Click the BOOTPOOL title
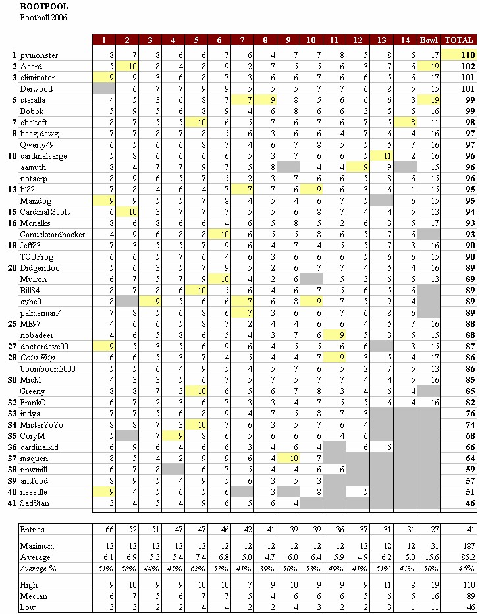pyautogui.click(x=44, y=7)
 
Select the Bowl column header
pyautogui.click(x=429, y=40)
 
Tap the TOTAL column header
pyautogui.click(x=459, y=40)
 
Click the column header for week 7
pyautogui.click(x=242, y=40)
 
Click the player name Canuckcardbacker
pyautogui.click(x=53, y=235)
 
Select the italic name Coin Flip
pyautogui.click(x=37, y=358)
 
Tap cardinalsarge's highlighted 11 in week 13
pyautogui.click(x=387, y=156)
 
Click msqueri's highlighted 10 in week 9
pyautogui.click(x=294, y=458)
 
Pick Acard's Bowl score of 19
pyautogui.click(x=434, y=67)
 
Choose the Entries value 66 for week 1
pyautogui.click(x=109, y=530)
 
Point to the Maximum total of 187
pyautogui.click(x=469, y=546)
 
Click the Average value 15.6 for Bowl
pyautogui.click(x=433, y=557)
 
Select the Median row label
pyautogui.click(x=34, y=596)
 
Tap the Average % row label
pyautogui.click(x=38, y=569)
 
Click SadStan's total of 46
pyautogui.click(x=471, y=503)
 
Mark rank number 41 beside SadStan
pyautogui.click(x=12, y=503)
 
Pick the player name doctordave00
pyautogui.click(x=44, y=347)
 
